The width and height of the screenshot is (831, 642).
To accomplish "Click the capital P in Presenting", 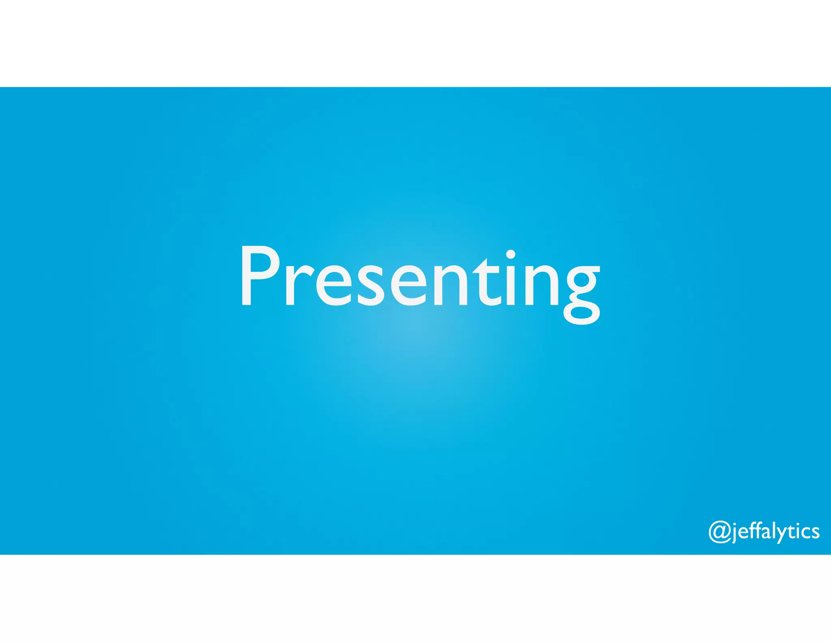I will coord(258,276).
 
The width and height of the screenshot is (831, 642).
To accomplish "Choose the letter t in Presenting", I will coord(487,282).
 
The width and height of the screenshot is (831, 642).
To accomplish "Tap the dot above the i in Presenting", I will coord(510,254).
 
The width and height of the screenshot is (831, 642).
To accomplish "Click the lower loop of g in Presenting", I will coord(582,314).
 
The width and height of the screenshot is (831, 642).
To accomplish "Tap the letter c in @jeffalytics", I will coord(806,533).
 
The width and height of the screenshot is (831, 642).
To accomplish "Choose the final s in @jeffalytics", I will coord(815,533).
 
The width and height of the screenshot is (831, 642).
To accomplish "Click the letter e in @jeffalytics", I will coord(743,533).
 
